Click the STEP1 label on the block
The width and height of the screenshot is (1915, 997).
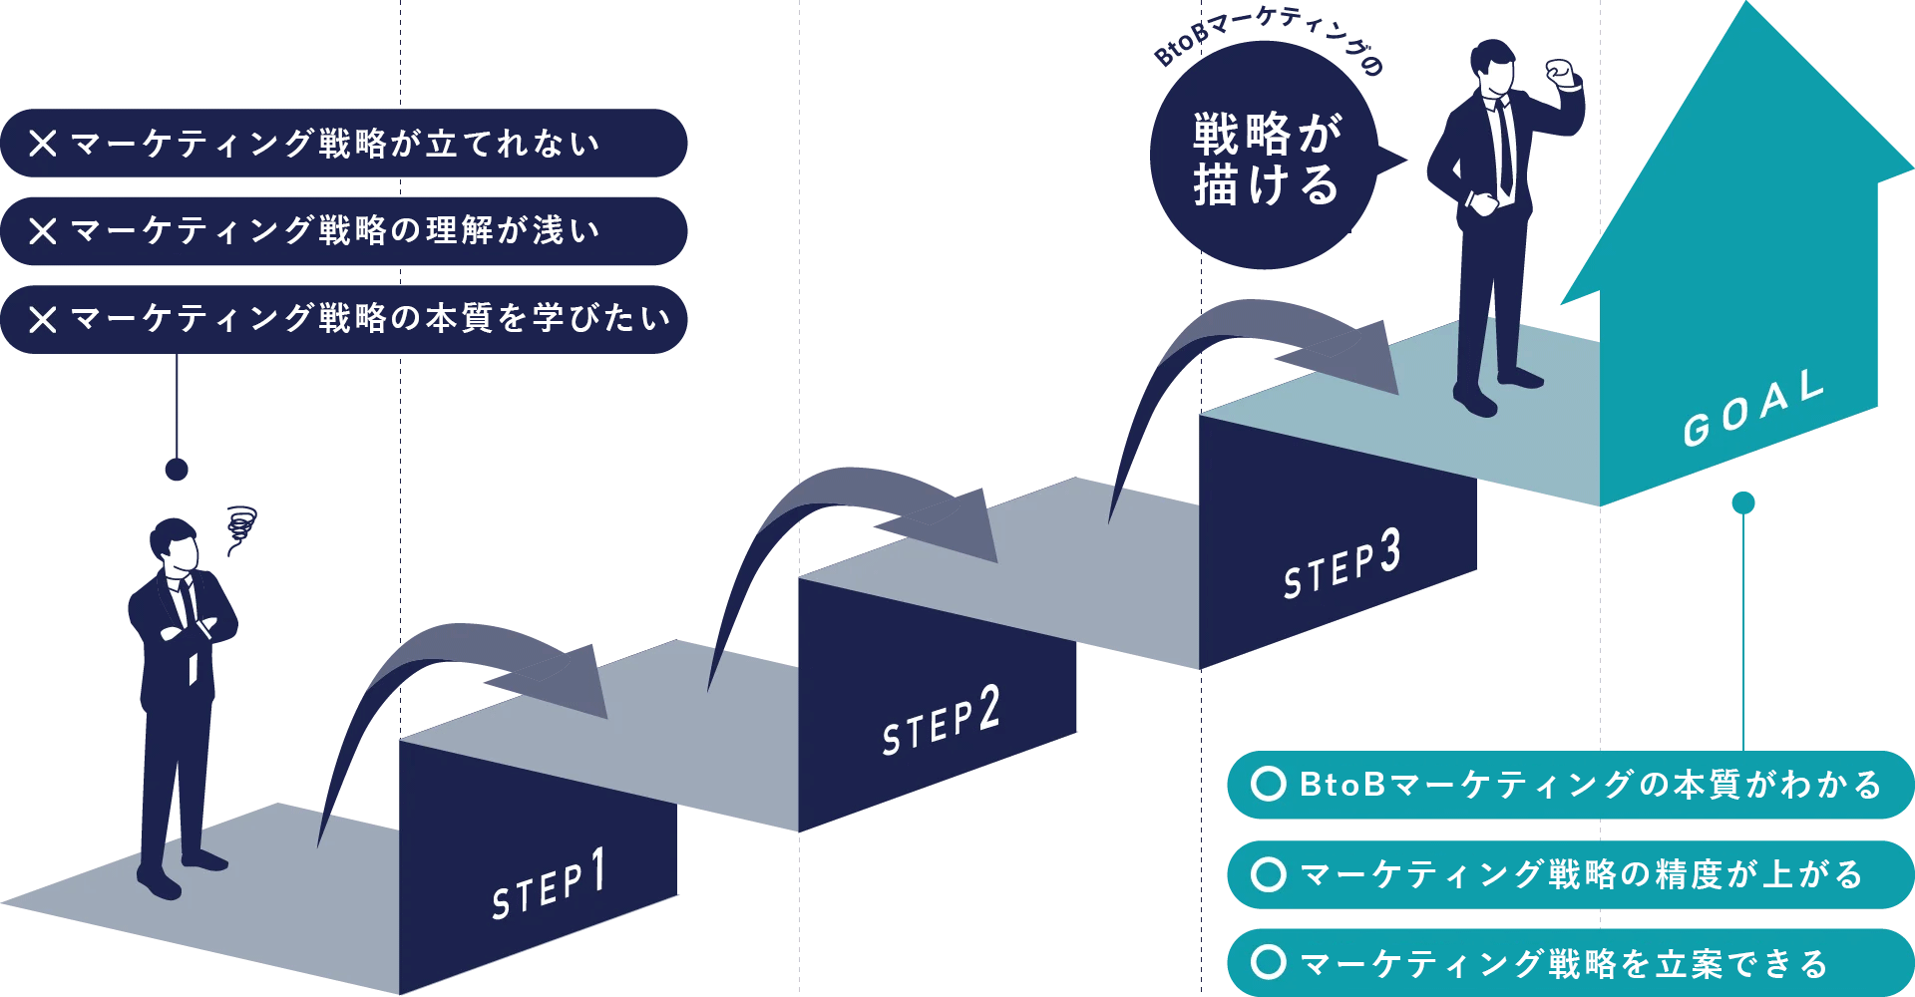coord(549,884)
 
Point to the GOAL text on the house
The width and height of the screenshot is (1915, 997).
coord(1753,408)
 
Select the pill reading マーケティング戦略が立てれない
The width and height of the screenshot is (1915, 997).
coord(344,144)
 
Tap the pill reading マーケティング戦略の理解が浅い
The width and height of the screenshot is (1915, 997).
coord(344,231)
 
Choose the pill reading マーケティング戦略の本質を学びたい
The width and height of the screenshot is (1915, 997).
coord(344,319)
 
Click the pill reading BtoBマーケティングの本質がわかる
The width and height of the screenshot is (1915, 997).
coord(1571,785)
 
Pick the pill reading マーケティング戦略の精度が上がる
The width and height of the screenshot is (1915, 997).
coord(1571,874)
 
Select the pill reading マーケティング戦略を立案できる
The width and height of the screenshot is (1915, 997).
coord(1571,963)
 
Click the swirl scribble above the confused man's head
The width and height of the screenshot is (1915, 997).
coord(240,526)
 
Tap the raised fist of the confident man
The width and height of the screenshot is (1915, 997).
coord(1559,72)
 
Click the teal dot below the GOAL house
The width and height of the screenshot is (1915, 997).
coord(1743,502)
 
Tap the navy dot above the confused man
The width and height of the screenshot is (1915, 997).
coord(177,470)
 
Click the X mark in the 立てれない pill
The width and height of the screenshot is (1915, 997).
coord(43,144)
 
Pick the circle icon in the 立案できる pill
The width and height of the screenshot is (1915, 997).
coord(1269,962)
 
